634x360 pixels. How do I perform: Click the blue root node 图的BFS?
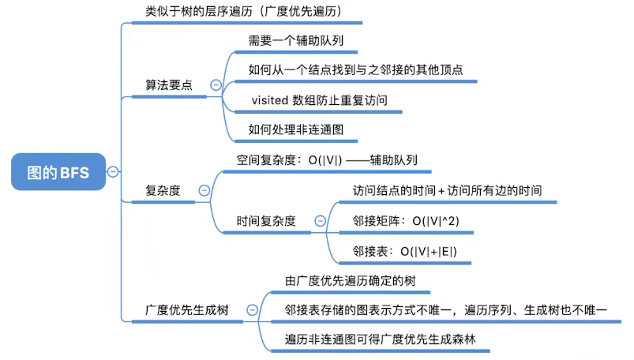point(58,171)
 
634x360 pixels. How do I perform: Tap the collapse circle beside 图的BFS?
point(113,171)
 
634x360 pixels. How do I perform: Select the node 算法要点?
point(168,85)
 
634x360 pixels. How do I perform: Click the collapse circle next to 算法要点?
point(215,85)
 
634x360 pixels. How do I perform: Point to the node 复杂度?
point(163,190)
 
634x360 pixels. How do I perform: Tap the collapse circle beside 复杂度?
point(204,190)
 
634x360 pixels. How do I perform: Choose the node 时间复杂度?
point(266,221)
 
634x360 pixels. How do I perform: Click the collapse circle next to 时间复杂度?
point(320,221)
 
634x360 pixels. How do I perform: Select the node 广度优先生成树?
point(187,310)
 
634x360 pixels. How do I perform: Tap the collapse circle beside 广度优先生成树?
point(251,310)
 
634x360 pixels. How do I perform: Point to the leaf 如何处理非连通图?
point(295,129)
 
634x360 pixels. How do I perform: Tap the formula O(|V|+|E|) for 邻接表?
point(428,252)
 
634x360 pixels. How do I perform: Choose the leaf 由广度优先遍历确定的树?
point(350,280)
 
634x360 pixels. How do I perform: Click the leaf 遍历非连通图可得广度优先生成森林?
point(381,340)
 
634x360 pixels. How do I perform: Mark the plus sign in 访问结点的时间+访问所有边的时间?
point(441,191)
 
